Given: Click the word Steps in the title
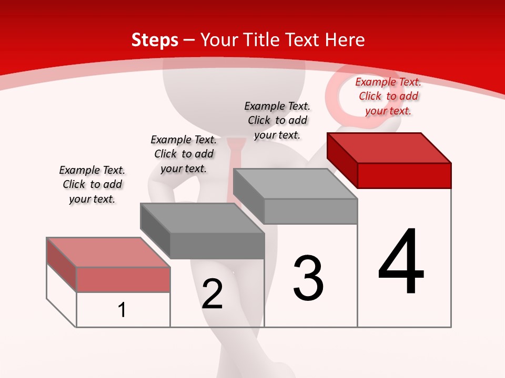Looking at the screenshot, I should pyautogui.click(x=155, y=40).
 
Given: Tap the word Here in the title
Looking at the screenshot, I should pyautogui.click(x=345, y=40).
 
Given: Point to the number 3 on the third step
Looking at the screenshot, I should pyautogui.click(x=308, y=278).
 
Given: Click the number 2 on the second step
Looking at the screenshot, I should pyautogui.click(x=212, y=294).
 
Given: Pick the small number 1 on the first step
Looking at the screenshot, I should pyautogui.click(x=122, y=310).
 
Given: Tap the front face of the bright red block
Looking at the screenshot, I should pyautogui.click(x=404, y=175).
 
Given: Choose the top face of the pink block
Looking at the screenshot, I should pyautogui.click(x=108, y=253).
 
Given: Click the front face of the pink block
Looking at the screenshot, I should pyautogui.click(x=123, y=279).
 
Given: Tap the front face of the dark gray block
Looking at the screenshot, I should pyautogui.click(x=217, y=246).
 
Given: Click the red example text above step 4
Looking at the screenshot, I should pyautogui.click(x=388, y=96).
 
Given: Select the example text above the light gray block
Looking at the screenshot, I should pyautogui.click(x=277, y=120).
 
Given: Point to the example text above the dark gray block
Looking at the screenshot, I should pyautogui.click(x=184, y=154).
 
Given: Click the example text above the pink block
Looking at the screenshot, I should pyautogui.click(x=92, y=184).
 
